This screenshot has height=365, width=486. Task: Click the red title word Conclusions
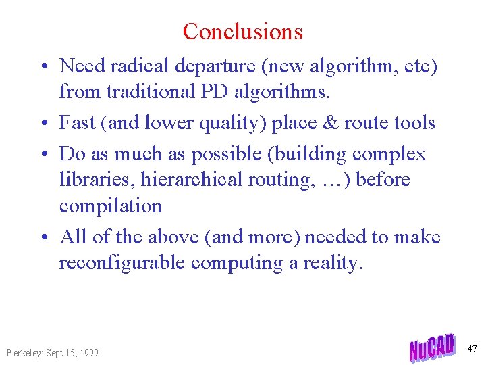pos(242,31)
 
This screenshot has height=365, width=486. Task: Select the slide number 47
pos(472,349)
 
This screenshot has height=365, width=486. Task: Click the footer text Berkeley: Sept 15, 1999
pos(52,353)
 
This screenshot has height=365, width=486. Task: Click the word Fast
pos(76,122)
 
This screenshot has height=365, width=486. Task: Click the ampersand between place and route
pos(329,122)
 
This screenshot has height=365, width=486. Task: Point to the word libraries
pos(90,180)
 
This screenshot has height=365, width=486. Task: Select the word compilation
pos(111,205)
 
